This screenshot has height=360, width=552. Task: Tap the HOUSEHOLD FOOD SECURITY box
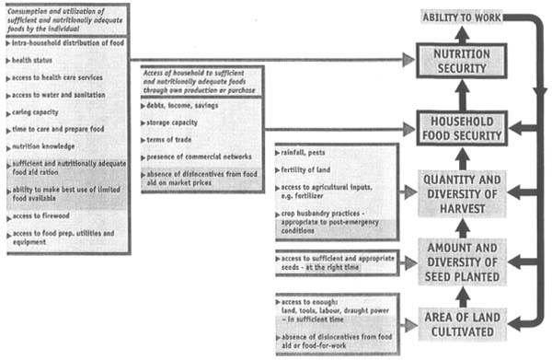click(x=463, y=129)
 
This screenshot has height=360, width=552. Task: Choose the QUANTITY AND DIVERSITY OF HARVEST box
click(x=463, y=191)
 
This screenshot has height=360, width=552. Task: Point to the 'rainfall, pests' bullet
click(x=313, y=153)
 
